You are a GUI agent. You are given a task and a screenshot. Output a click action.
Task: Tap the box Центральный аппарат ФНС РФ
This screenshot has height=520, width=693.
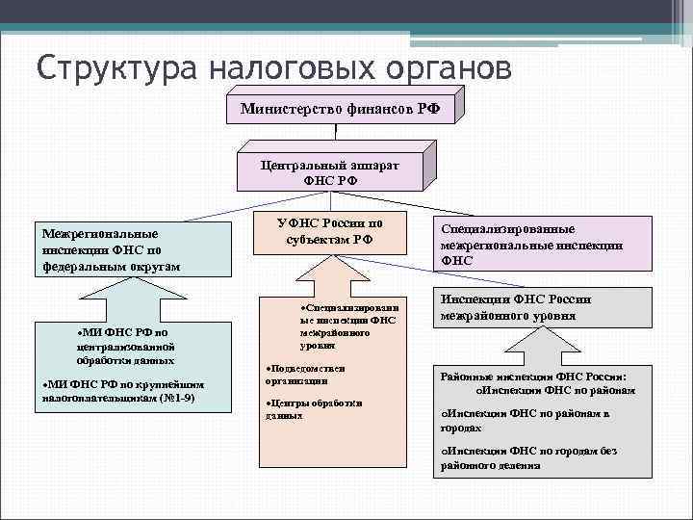pyautogui.click(x=330, y=171)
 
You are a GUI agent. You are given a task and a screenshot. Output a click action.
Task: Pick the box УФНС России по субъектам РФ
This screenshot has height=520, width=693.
pyautogui.click(x=329, y=232)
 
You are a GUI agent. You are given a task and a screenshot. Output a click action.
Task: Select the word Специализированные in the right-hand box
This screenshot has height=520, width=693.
pyautogui.click(x=508, y=230)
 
